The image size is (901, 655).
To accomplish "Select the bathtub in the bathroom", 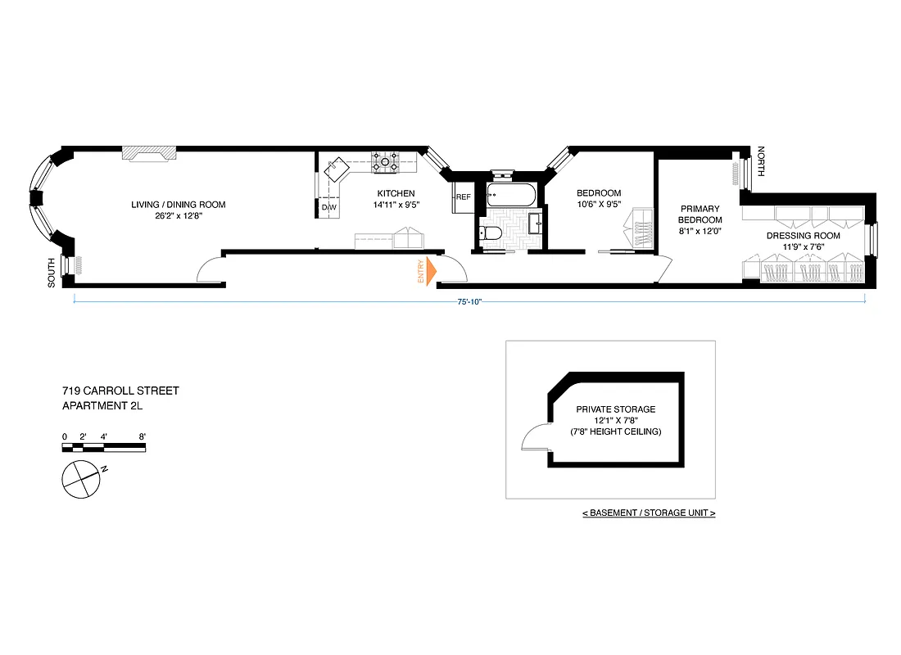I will tap(510, 196).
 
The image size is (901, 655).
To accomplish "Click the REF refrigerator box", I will tap(464, 197).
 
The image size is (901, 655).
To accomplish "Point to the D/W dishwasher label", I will tap(328, 207).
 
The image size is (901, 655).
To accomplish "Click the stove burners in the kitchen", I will tap(385, 162).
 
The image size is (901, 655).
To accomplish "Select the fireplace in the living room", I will tap(149, 154).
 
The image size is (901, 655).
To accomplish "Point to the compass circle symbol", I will tap(81, 477).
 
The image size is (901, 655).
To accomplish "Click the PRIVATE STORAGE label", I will tap(615, 409).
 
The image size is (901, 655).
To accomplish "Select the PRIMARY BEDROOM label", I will tap(700, 215).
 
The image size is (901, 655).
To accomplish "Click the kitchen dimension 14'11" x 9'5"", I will tap(396, 205).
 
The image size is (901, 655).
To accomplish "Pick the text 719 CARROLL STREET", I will tap(120, 391).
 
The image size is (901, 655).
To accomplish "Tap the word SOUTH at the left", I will tap(52, 272).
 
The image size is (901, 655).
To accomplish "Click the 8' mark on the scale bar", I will tap(143, 436).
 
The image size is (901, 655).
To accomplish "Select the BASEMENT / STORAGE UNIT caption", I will tap(649, 513).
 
